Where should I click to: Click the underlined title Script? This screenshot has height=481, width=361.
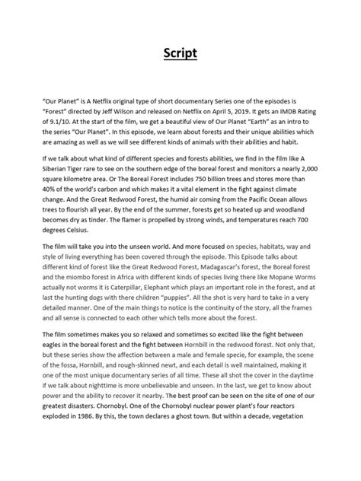coord(180,54)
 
